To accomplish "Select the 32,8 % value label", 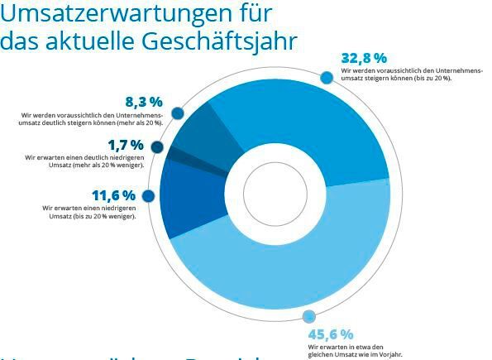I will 364,58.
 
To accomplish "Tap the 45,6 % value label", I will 330,334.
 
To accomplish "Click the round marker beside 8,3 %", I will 177,113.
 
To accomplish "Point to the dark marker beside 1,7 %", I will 157,147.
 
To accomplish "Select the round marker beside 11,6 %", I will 149,196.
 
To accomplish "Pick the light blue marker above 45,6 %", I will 310,316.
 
